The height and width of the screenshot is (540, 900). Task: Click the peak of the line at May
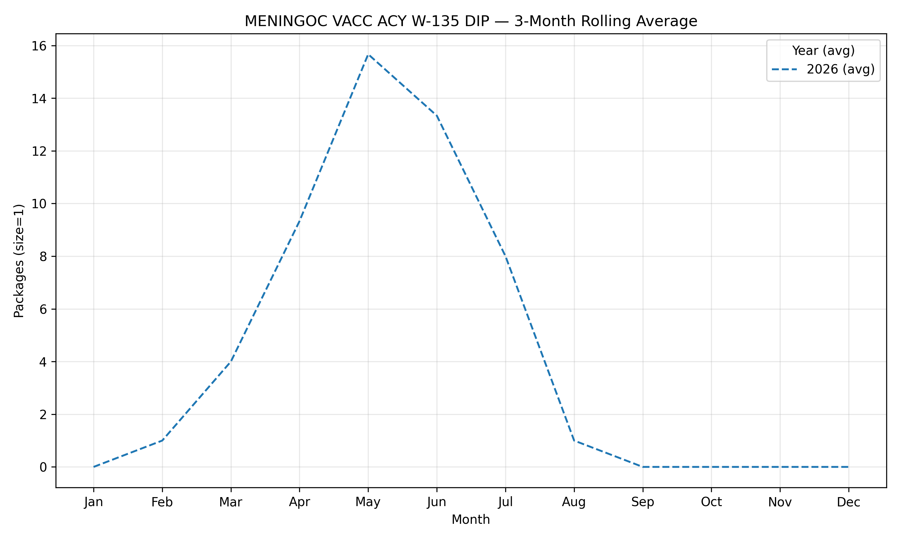coord(368,55)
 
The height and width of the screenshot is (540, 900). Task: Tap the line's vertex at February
coord(162,440)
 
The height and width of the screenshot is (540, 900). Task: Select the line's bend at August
coord(574,440)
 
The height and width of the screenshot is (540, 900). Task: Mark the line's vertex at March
coord(231,362)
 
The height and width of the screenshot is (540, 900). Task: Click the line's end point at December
coord(848,467)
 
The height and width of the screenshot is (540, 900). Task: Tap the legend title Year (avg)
coord(823,51)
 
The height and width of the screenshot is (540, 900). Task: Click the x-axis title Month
coord(471,520)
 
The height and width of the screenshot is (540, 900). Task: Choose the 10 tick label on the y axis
coord(39,204)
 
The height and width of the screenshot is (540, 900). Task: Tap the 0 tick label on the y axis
coord(43,467)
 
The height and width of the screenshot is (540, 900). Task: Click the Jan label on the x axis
coord(94,502)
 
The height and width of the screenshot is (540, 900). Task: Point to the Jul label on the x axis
coord(505,502)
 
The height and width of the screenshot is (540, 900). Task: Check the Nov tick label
coord(780,502)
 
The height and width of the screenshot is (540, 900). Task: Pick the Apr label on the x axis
coord(299,502)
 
